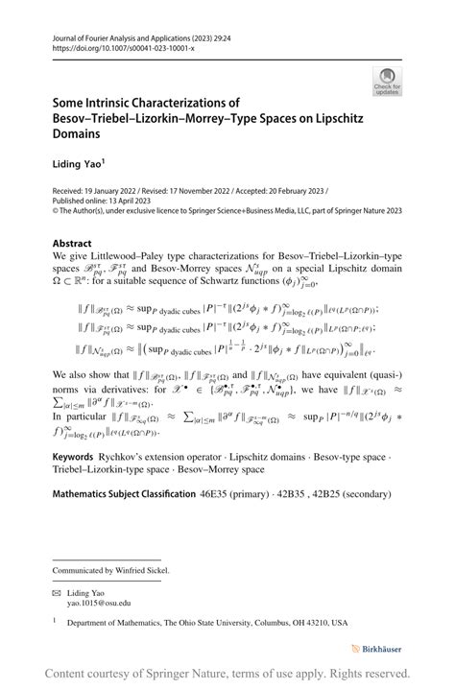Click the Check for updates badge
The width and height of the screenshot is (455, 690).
point(387,81)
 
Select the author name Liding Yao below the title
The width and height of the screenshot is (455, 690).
point(77,164)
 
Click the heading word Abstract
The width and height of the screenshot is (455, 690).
point(73,243)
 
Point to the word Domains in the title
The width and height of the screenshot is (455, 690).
point(78,134)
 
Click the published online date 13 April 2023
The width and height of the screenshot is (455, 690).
point(132,200)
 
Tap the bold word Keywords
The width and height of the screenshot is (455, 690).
point(78,472)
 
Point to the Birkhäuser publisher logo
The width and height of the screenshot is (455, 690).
point(376,650)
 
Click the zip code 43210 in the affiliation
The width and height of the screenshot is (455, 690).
point(323,623)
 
